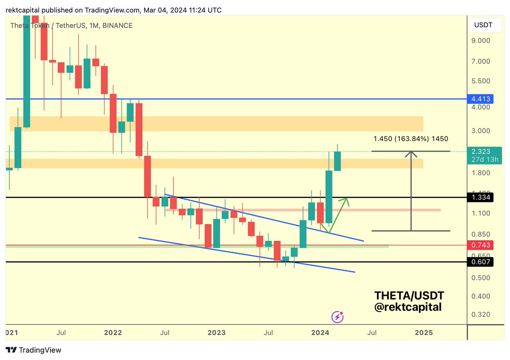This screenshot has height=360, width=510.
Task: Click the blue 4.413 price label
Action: (x=481, y=99)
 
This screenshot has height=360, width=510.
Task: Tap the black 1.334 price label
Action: (x=481, y=198)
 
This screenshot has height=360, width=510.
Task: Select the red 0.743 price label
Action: (x=481, y=245)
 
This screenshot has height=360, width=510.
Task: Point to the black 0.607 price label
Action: (x=481, y=262)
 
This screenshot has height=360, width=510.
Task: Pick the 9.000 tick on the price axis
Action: (x=481, y=41)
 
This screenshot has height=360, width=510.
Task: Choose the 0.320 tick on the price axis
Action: (x=481, y=315)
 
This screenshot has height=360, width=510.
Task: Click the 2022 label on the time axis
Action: (x=113, y=332)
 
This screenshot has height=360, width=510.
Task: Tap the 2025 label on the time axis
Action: (x=423, y=332)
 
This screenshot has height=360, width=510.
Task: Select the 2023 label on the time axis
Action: (x=217, y=332)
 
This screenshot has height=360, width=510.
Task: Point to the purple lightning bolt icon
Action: (x=337, y=317)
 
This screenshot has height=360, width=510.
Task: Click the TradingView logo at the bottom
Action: (x=34, y=350)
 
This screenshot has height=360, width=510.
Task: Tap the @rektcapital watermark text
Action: (x=408, y=307)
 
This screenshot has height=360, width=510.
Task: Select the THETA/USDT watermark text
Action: (x=409, y=295)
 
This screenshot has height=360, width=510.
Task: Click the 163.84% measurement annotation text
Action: (x=411, y=139)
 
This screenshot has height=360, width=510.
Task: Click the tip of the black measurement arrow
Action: (x=411, y=152)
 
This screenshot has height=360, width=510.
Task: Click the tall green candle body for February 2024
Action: (x=329, y=197)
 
